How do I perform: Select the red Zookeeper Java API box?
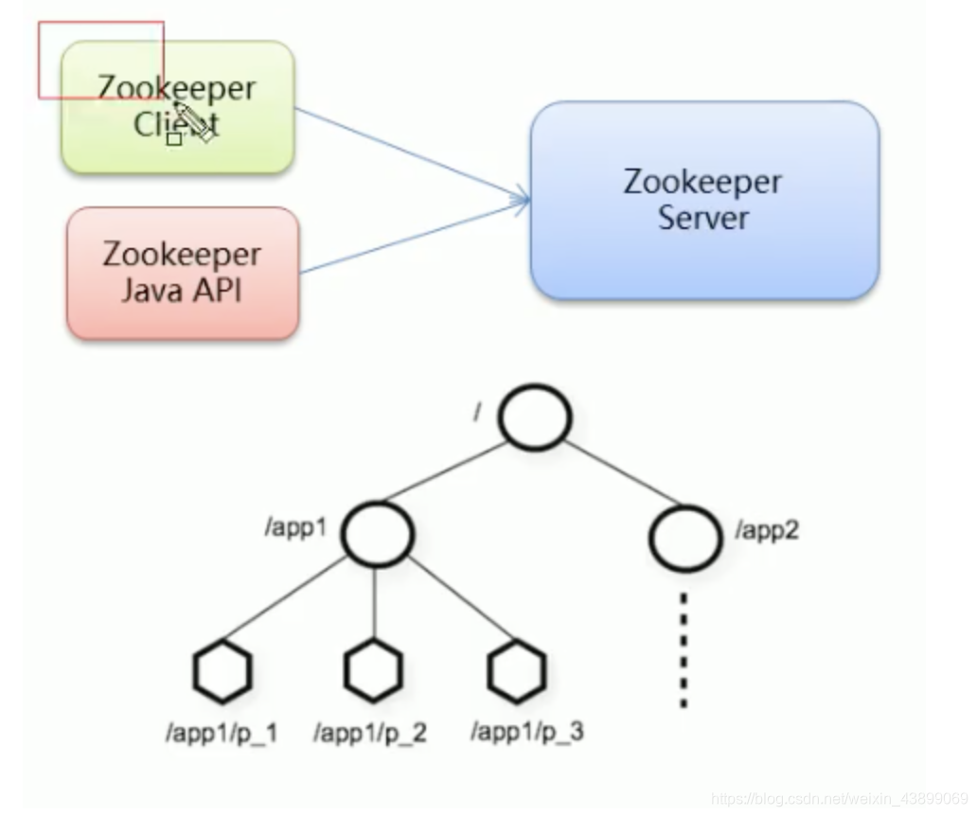[x=182, y=274]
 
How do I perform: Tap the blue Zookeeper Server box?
[x=703, y=200]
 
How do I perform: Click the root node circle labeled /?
[x=535, y=417]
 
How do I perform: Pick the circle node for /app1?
[x=377, y=535]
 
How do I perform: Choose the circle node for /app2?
[x=684, y=538]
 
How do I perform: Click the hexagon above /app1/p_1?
[x=222, y=670]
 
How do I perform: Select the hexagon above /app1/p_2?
[x=373, y=670]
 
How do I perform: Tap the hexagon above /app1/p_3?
[x=517, y=669]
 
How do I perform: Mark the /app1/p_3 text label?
[x=526, y=733]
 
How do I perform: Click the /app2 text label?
[x=767, y=530]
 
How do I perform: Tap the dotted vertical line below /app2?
[x=684, y=649]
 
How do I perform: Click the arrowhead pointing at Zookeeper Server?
[x=521, y=200]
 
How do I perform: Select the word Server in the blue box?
[x=703, y=219]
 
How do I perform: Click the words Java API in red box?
[x=182, y=289]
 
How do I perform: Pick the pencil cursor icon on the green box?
[x=193, y=123]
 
